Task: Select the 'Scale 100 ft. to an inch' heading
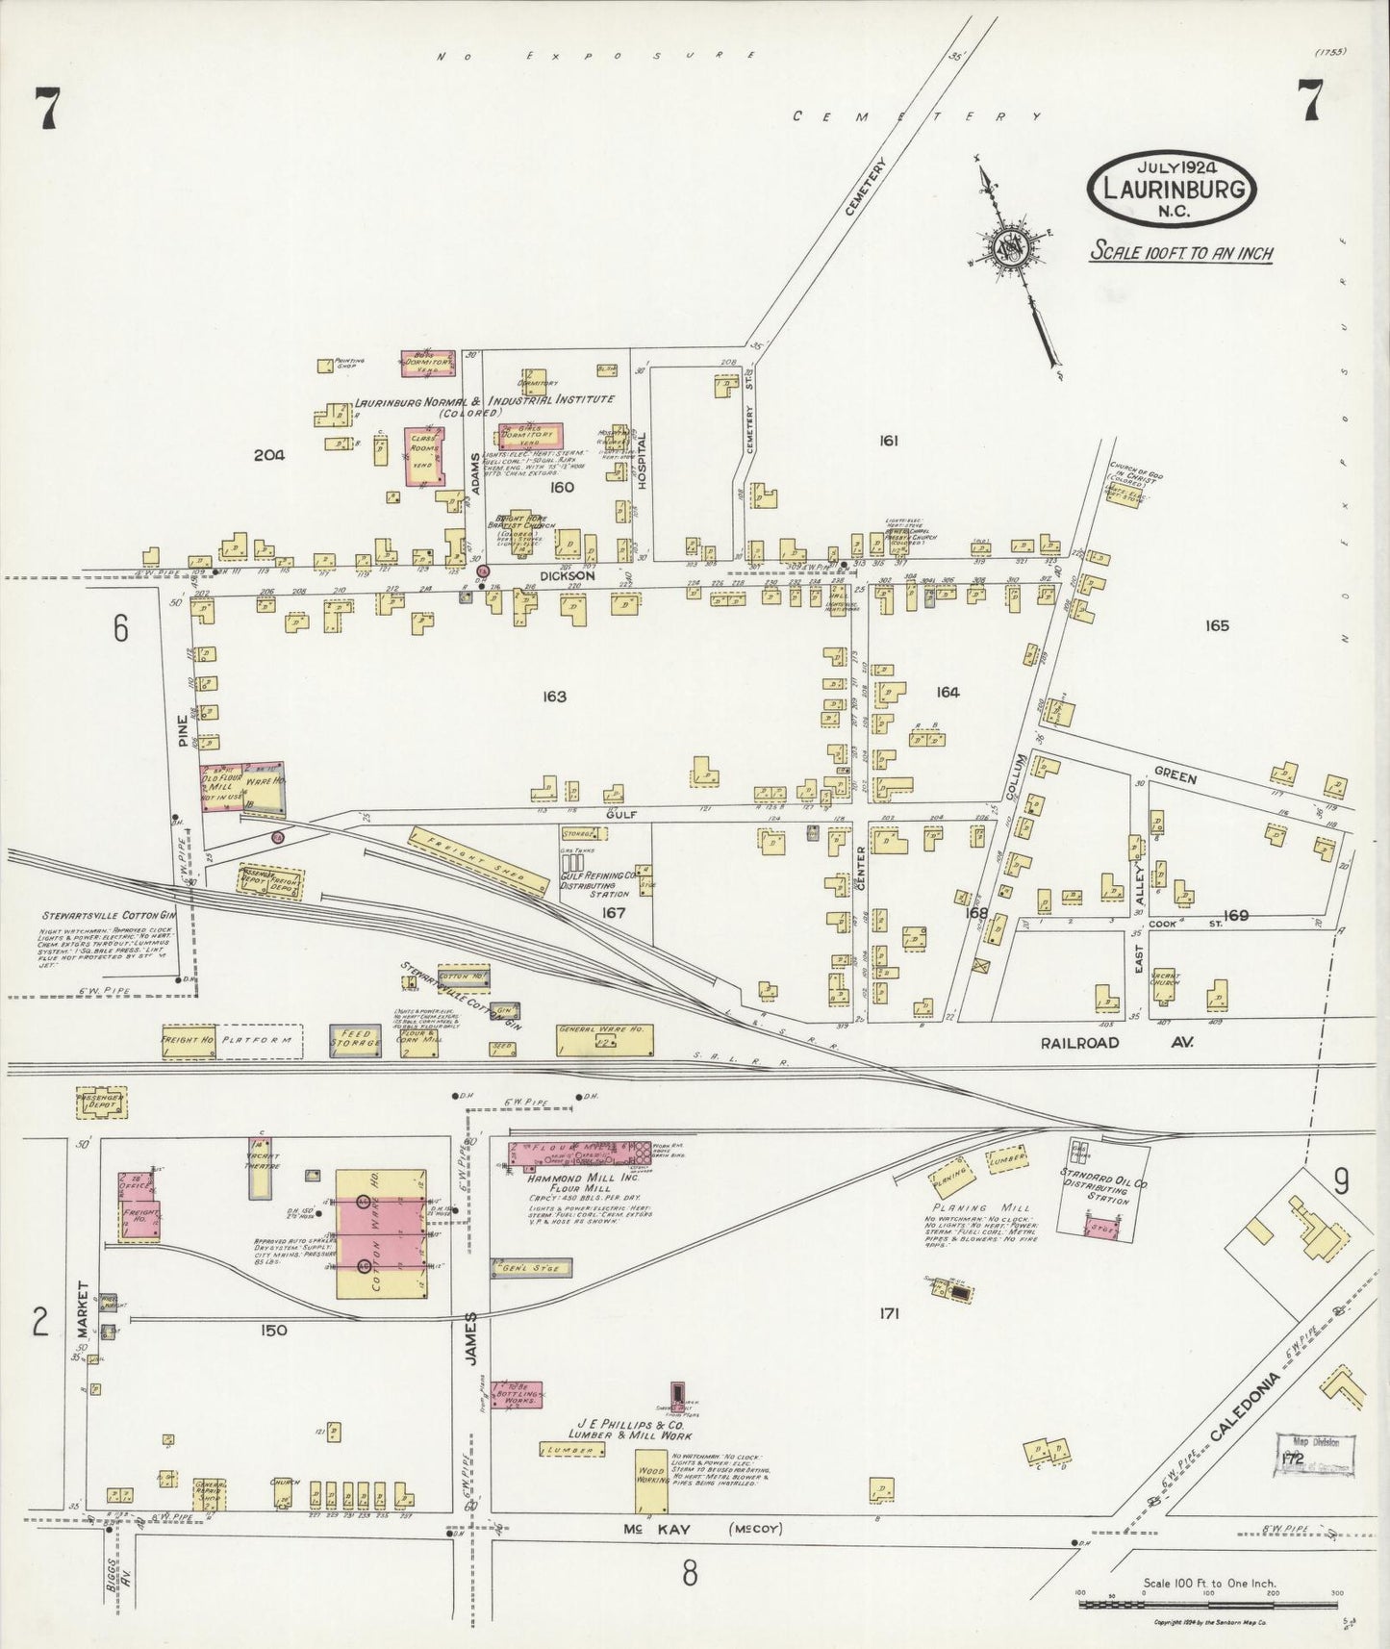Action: coord(1180,253)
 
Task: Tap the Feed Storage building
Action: coord(355,1037)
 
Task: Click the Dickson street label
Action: coord(567,575)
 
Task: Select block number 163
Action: coord(554,697)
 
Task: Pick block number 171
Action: coord(888,1312)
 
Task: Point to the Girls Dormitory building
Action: coord(529,436)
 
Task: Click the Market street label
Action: coord(82,1308)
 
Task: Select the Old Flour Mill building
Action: coord(221,787)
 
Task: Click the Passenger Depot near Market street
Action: coord(101,1103)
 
